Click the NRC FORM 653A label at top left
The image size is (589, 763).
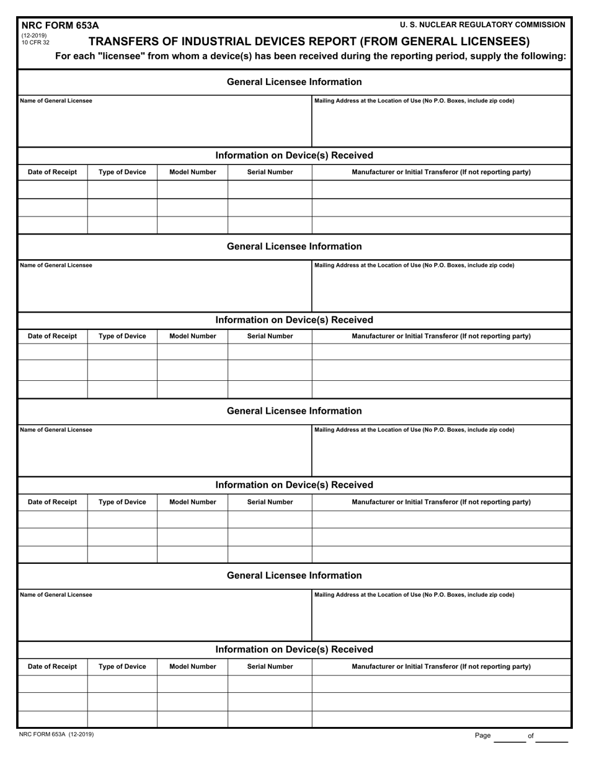coord(60,25)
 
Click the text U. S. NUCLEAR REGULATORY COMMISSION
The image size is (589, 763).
coord(482,25)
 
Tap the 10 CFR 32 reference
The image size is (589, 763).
coord(35,43)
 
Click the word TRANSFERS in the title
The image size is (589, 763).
coord(125,42)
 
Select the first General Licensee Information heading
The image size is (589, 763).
coord(294,82)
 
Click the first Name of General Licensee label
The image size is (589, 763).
coord(56,100)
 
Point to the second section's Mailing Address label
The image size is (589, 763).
coord(414,265)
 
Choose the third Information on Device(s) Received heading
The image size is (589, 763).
coord(294,484)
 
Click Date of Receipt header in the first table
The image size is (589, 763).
coord(53,172)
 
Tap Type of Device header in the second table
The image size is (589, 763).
coord(122,336)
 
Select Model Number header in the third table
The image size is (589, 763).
coord(193,502)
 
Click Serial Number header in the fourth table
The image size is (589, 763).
coord(270,666)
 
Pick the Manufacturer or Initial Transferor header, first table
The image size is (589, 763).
coord(441,172)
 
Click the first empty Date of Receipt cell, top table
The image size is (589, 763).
coord(53,189)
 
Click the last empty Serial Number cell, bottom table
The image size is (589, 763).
coord(270,719)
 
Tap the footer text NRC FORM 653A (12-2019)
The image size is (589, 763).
coord(56,734)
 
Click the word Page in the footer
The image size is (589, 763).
coord(482,736)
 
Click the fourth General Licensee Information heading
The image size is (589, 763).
coord(294,576)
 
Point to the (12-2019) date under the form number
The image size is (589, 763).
coord(34,36)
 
